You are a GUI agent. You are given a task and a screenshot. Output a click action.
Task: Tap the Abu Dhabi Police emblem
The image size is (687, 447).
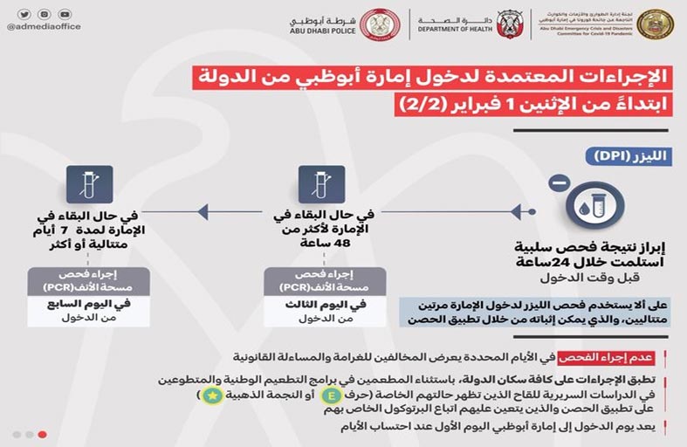(380, 23)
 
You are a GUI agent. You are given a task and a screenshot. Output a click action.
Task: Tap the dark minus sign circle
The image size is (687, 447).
(560, 182)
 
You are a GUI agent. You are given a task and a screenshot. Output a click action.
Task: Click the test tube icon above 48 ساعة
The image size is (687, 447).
(315, 185)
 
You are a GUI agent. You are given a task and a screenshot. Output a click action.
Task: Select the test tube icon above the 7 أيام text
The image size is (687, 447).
(83, 185)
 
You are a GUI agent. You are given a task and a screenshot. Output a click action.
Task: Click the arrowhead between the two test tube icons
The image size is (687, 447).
(203, 210)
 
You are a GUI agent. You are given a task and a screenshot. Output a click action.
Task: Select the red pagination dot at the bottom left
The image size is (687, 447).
(42, 434)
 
